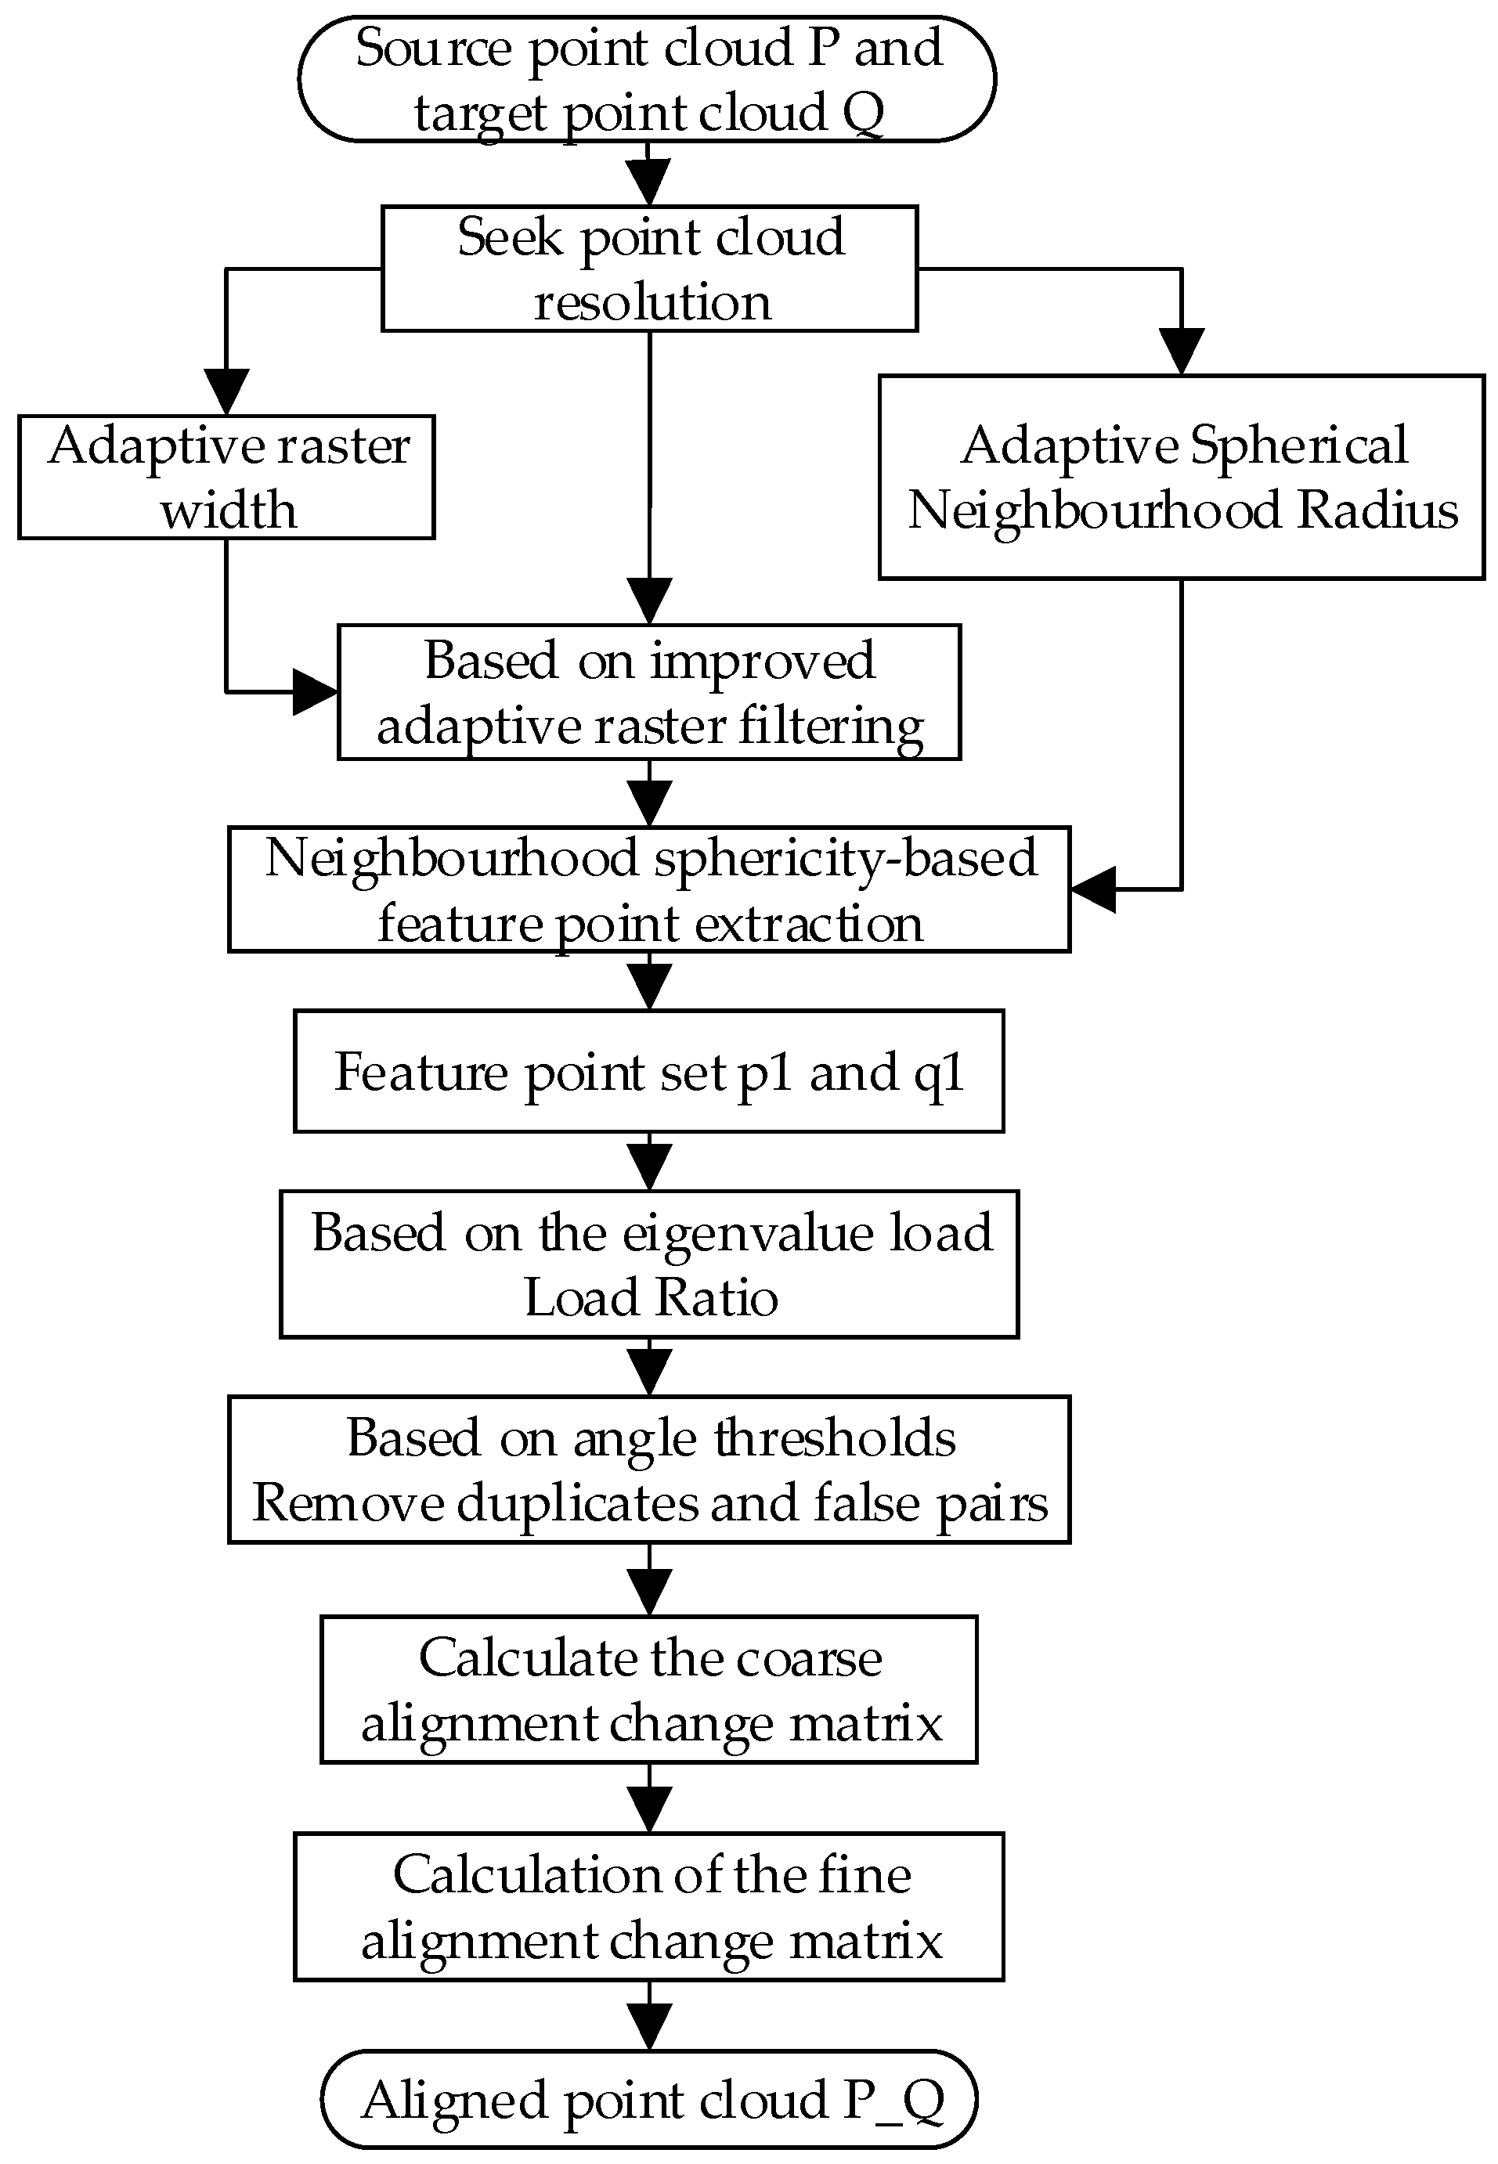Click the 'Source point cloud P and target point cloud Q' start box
(647, 79)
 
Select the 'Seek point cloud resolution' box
(649, 269)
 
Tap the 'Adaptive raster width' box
(226, 477)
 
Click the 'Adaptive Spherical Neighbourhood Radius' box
(1182, 477)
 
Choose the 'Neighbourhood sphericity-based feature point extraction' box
(649, 889)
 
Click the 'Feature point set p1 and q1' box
(649, 1071)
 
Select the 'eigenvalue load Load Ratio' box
(649, 1264)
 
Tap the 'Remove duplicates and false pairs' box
(649, 1469)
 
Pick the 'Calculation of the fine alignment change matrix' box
(649, 1906)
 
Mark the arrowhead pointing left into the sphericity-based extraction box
(1091, 889)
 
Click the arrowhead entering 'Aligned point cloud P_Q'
(649, 2029)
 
